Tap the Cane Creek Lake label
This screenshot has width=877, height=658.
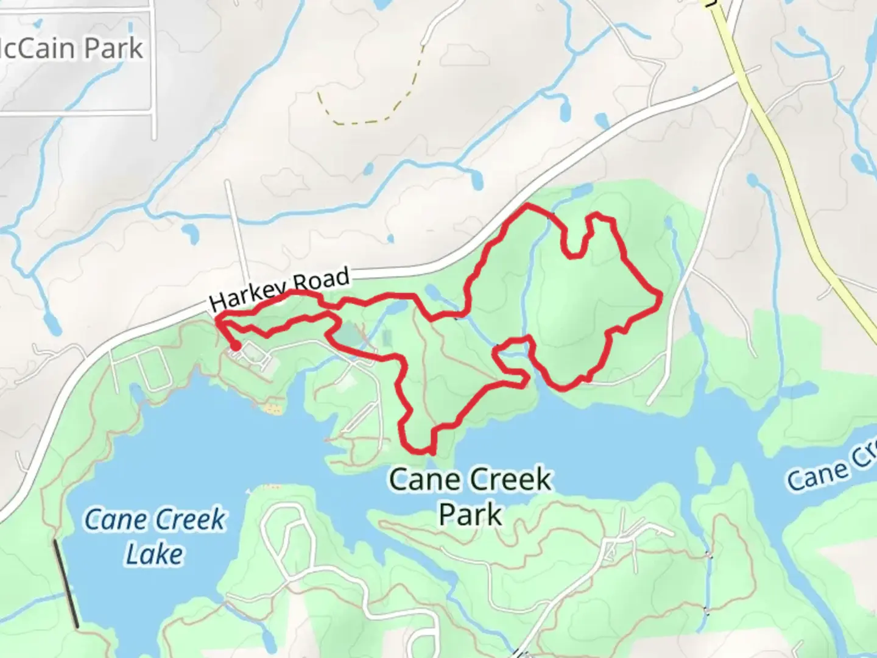155,537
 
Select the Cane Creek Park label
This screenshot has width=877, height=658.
470,496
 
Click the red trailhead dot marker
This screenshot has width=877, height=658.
235,347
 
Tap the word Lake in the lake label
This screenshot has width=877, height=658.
155,554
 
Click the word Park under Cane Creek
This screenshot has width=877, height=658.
470,514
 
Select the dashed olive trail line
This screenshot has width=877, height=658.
365,121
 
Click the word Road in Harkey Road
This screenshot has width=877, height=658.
321,280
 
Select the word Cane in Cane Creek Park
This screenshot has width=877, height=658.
418,479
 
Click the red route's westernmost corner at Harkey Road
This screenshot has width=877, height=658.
218,317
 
